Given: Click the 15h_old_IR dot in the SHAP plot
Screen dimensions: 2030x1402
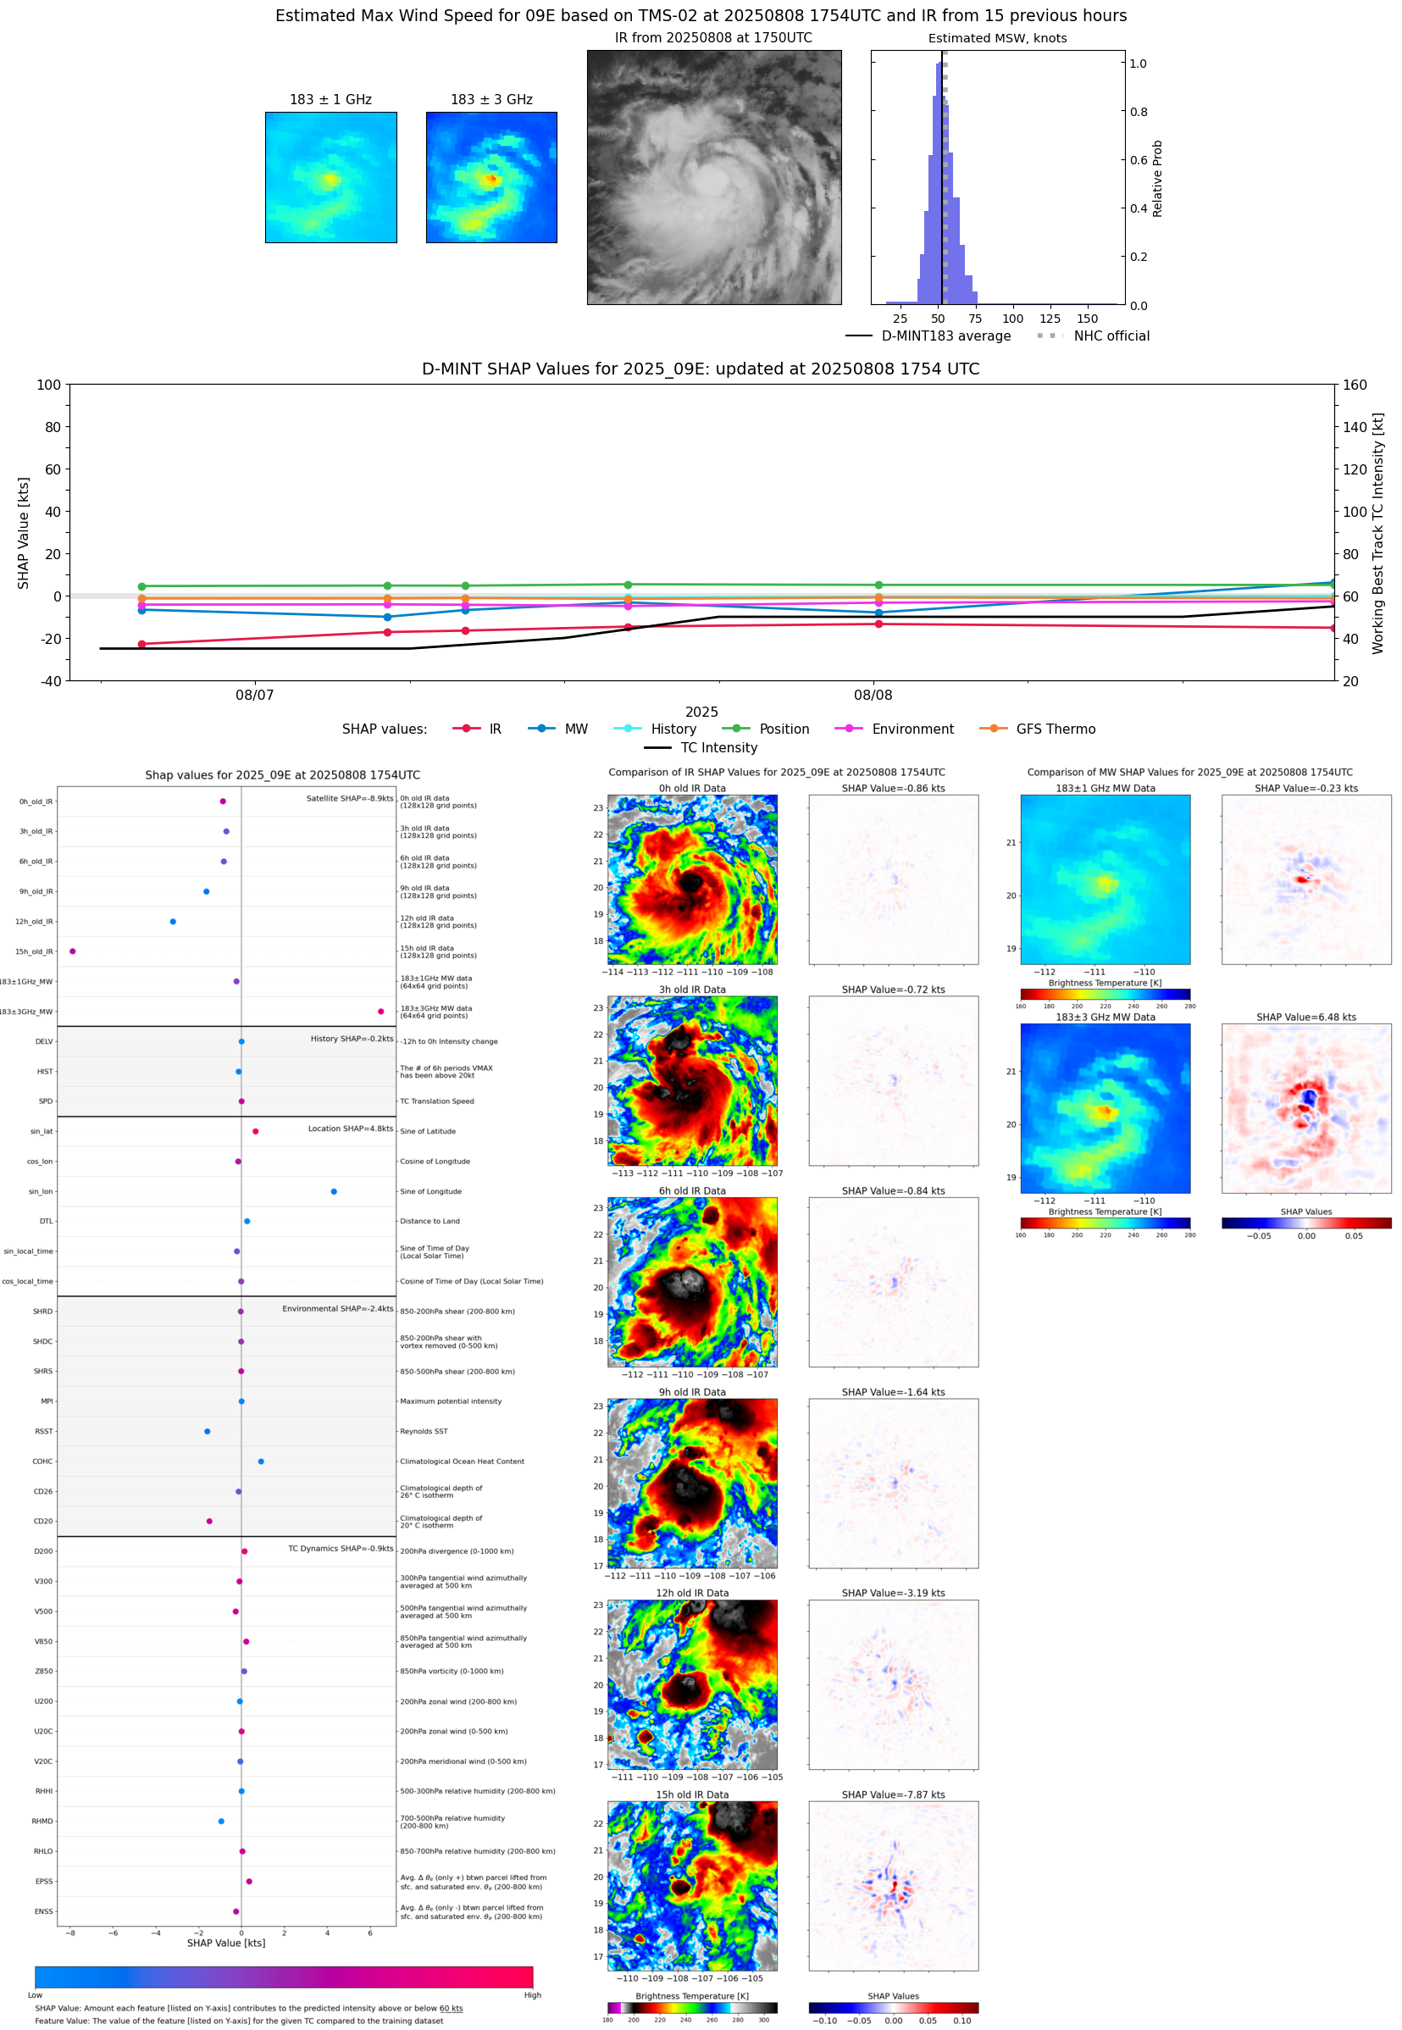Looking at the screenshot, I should [x=72, y=951].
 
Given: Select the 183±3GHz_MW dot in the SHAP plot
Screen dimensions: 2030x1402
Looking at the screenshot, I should [x=380, y=1011].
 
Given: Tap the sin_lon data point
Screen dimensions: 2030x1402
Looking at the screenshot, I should [x=334, y=1191].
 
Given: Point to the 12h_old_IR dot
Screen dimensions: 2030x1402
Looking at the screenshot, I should [x=173, y=922].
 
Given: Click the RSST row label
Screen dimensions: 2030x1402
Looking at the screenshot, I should [x=44, y=1431].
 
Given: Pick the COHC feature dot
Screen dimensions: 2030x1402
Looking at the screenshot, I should [x=261, y=1461].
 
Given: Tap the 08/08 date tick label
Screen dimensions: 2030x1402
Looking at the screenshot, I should [x=873, y=695].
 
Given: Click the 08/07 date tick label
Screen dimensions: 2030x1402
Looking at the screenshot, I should [x=255, y=695].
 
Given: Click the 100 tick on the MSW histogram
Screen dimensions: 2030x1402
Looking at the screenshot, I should [x=1013, y=319].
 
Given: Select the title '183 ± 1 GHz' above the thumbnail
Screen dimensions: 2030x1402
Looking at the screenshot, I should [x=331, y=100].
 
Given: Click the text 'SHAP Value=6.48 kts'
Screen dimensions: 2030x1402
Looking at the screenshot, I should [x=1305, y=1018].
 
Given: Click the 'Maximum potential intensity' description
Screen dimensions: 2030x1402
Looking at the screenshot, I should [x=451, y=1401].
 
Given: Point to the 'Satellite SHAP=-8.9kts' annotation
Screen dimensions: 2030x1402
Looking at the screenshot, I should [x=349, y=798].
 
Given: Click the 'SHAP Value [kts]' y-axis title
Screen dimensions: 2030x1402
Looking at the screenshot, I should [x=24, y=532].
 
